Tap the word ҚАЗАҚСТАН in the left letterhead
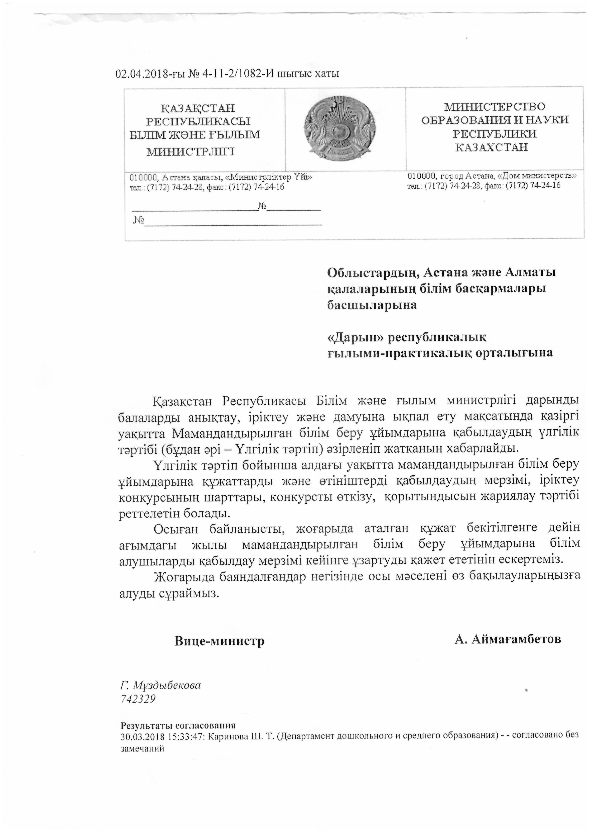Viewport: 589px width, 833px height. coord(198,108)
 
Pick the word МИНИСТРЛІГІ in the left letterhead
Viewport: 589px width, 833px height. coord(190,151)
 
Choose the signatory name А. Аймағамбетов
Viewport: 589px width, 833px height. coord(508,639)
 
